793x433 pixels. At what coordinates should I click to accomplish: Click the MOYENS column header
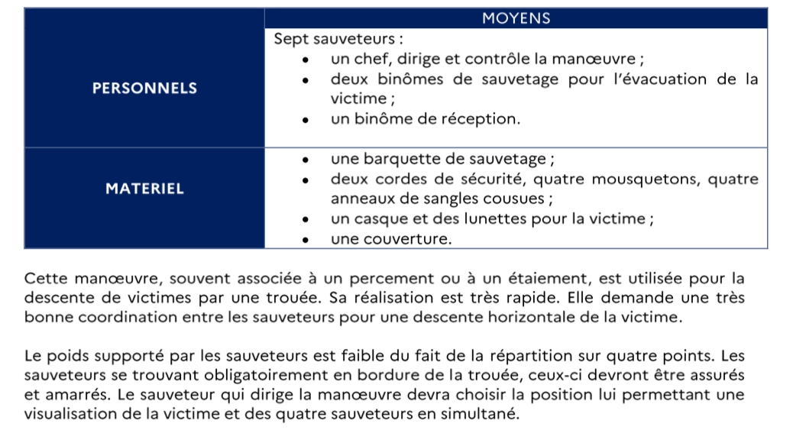tap(516, 18)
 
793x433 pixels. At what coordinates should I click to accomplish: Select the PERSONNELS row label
tap(144, 88)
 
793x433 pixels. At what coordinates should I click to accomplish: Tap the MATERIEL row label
tap(144, 188)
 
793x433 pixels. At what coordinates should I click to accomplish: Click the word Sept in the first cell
tap(289, 39)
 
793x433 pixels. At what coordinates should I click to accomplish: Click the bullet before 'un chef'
tap(306, 60)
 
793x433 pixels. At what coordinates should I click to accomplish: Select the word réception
tap(484, 119)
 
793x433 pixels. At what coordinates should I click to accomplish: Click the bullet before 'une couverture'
tap(306, 240)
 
